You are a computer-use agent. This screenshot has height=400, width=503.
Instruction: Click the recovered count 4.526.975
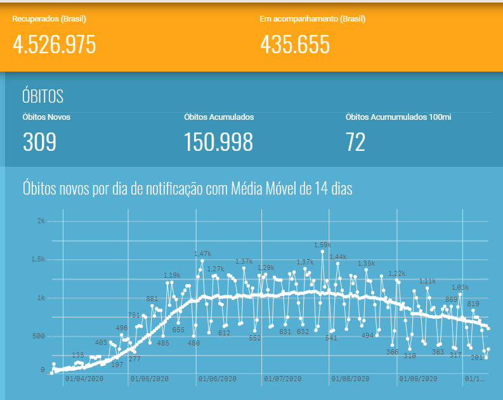54,44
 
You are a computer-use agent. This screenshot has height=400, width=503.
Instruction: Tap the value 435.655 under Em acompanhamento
295,44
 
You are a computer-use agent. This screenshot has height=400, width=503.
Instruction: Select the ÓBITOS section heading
42,96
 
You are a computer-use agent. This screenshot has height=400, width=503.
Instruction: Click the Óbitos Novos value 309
39,142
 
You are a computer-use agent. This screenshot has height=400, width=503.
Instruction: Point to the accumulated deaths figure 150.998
218,142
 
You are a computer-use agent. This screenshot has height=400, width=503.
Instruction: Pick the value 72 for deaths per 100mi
355,142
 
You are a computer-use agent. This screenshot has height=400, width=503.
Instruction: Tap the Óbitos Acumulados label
219,117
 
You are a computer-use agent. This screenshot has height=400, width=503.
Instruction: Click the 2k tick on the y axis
41,221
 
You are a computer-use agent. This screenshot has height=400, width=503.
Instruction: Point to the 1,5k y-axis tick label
39,259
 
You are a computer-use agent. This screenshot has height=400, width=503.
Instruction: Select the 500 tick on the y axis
39,336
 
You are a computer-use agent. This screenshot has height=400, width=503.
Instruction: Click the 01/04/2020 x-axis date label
84,379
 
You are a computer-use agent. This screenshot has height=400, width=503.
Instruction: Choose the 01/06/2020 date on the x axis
217,379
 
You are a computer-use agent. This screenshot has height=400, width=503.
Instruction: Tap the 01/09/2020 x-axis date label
418,379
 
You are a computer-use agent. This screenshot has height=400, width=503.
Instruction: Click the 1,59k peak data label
322,245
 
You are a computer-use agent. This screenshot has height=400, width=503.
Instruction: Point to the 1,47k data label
202,254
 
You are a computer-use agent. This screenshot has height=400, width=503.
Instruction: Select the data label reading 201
478,358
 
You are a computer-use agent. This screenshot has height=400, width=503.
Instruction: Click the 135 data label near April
78,355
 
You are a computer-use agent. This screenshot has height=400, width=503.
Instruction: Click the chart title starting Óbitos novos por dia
187,188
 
